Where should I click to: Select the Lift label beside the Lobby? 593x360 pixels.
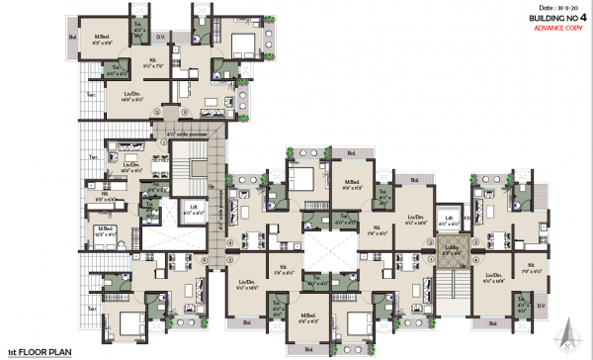(449, 220)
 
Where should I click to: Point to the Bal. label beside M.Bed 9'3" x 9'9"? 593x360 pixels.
(73, 37)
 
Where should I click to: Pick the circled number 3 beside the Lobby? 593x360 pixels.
(432, 244)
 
